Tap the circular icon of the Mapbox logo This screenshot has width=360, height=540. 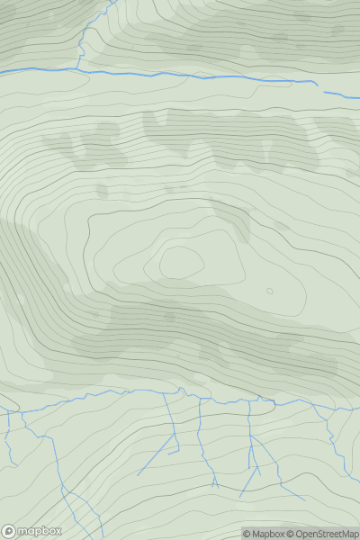click(10, 531)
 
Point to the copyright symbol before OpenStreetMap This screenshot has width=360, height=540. click(290, 534)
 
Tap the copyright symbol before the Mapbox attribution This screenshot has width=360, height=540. click(247, 534)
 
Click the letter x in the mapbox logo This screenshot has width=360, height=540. click(57, 531)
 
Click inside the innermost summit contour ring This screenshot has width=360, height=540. click(180, 263)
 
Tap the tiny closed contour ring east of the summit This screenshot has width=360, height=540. click(269, 291)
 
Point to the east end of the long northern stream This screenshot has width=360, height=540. click(317, 84)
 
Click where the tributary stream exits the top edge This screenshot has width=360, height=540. click(109, 2)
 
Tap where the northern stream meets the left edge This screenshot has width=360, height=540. click(2, 71)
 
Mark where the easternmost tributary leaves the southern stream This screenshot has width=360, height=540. click(314, 405)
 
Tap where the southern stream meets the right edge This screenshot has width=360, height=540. click(358, 407)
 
